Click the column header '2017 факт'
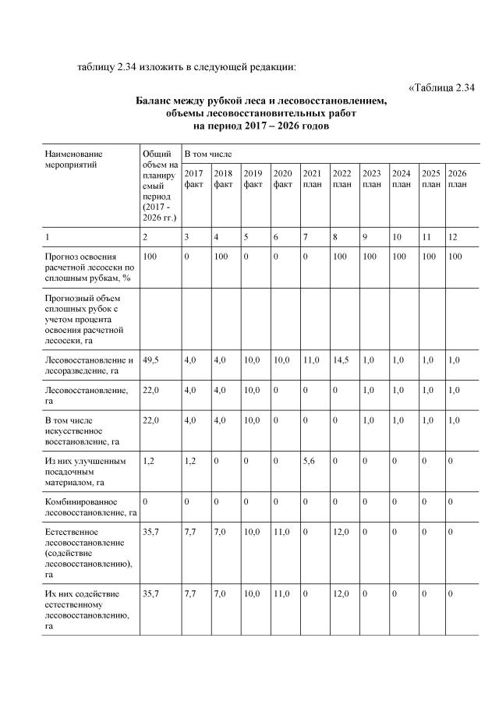point(194,179)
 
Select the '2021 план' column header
point(312,179)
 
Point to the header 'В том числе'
point(207,154)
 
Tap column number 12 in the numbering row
point(454,236)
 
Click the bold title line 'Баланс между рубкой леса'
point(261,101)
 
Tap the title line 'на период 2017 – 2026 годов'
point(261,125)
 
